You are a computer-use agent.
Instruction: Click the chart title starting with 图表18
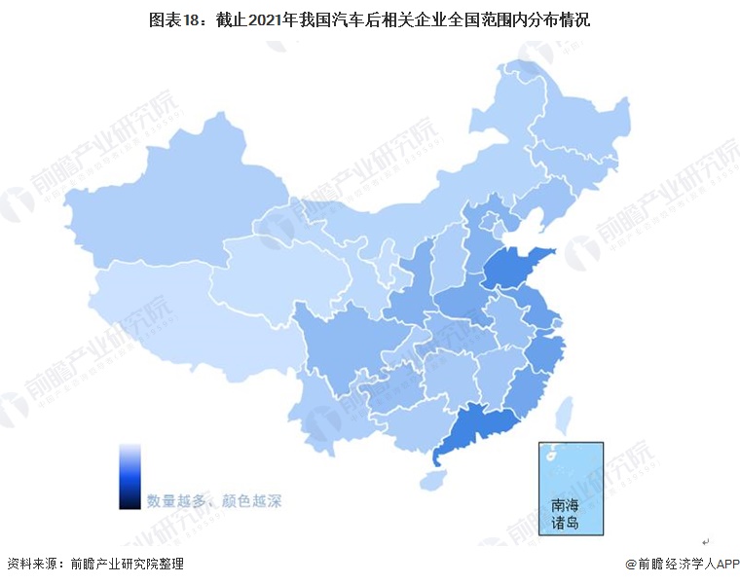pyautogui.click(x=369, y=18)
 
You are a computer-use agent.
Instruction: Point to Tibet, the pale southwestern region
pyautogui.click(x=166, y=311)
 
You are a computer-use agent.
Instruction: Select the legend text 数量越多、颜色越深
pyautogui.click(x=214, y=502)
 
